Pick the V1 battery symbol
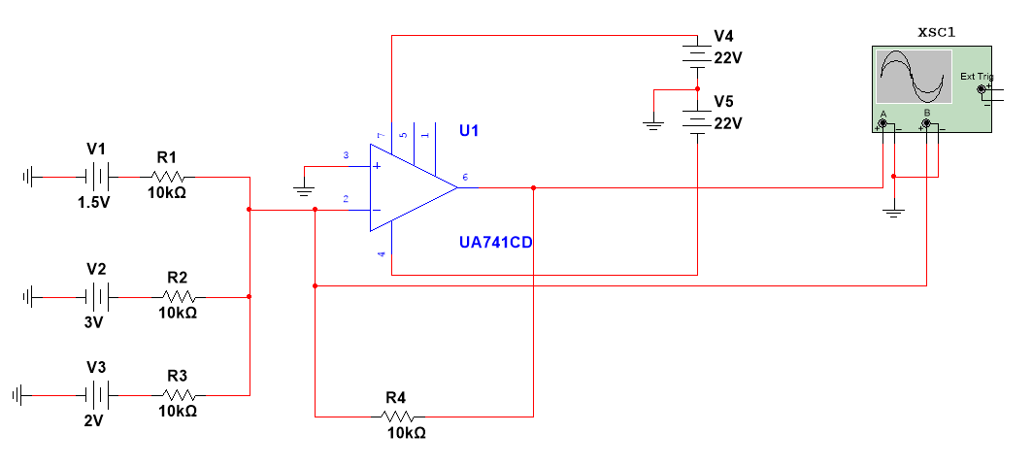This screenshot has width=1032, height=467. pos(96,178)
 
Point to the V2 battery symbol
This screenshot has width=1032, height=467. pos(96,296)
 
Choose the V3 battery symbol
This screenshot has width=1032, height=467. pos(96,395)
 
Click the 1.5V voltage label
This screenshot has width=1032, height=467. pos(95,204)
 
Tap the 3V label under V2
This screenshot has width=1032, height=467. pos(93,322)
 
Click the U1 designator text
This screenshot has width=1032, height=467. pos(470,131)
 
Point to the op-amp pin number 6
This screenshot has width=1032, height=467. pos(465,177)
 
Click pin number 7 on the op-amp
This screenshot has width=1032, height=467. pos(382,135)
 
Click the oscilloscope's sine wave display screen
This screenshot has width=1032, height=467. pos(914,78)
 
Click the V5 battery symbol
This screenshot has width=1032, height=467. pos(698,119)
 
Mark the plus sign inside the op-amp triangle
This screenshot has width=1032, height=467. pos(378,166)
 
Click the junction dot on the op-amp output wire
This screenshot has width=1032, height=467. pos(534,187)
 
